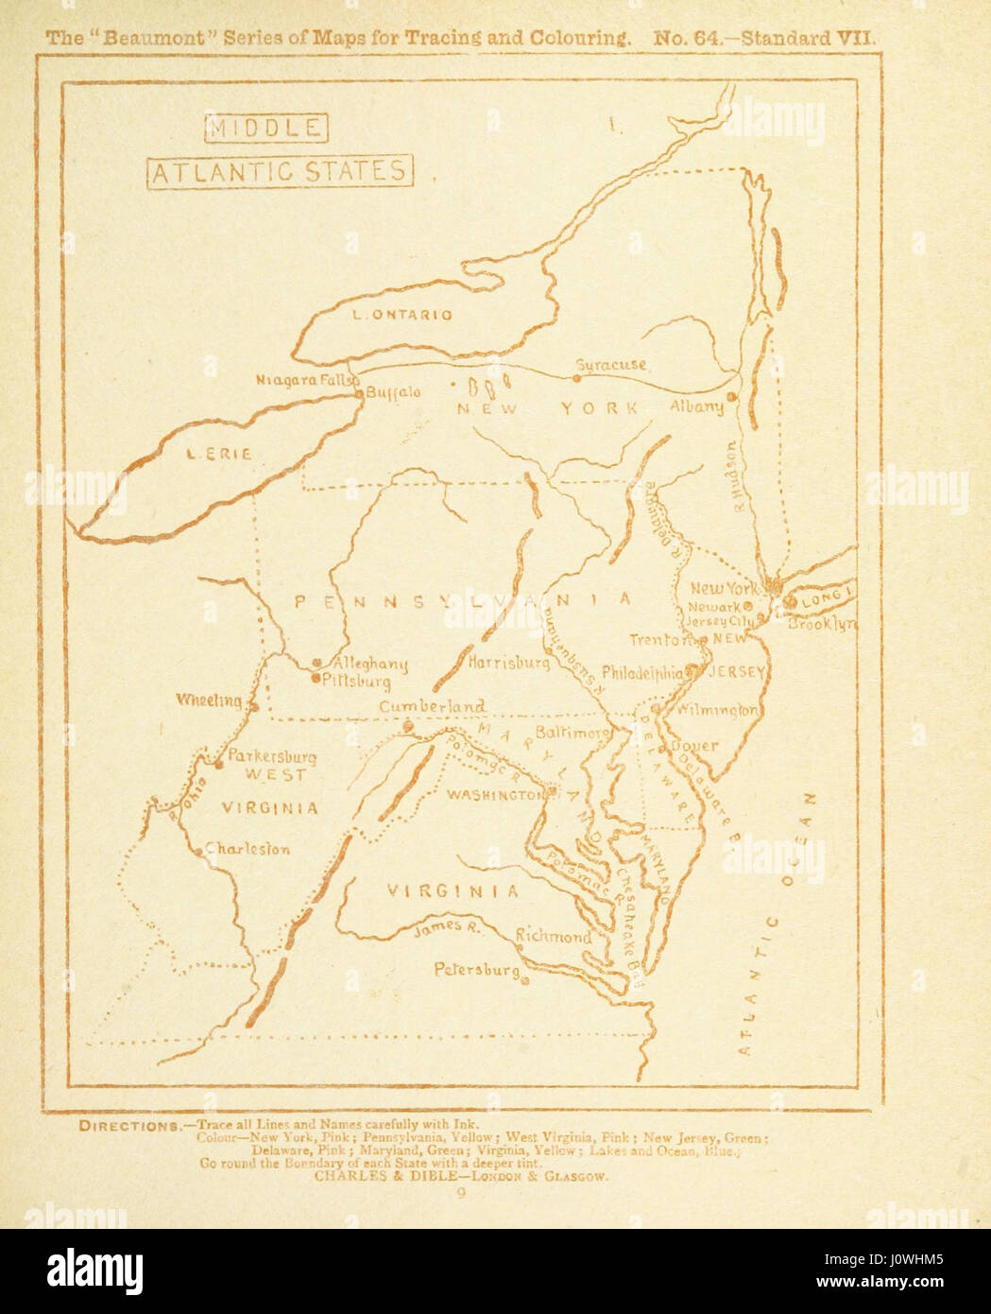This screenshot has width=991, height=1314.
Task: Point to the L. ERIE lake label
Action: [x=218, y=455]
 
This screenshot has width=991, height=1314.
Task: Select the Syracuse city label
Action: [x=610, y=365]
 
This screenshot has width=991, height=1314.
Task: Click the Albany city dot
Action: [x=731, y=397]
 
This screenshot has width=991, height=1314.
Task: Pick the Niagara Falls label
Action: [x=301, y=380]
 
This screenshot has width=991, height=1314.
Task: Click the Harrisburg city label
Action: [x=508, y=664]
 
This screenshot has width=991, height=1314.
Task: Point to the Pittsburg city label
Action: [x=357, y=680]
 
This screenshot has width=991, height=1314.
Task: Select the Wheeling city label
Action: [x=209, y=700]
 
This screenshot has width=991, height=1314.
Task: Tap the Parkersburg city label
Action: [x=273, y=757]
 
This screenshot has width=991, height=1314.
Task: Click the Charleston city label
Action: [x=248, y=849]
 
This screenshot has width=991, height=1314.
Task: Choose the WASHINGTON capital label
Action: [x=495, y=795]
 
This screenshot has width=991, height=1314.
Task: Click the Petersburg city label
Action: [x=476, y=970]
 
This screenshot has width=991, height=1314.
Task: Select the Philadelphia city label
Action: [x=641, y=675]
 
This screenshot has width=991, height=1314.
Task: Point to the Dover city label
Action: [x=695, y=746]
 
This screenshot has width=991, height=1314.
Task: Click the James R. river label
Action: [x=448, y=928]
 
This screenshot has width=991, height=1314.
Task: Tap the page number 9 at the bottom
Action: [x=461, y=1194]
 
